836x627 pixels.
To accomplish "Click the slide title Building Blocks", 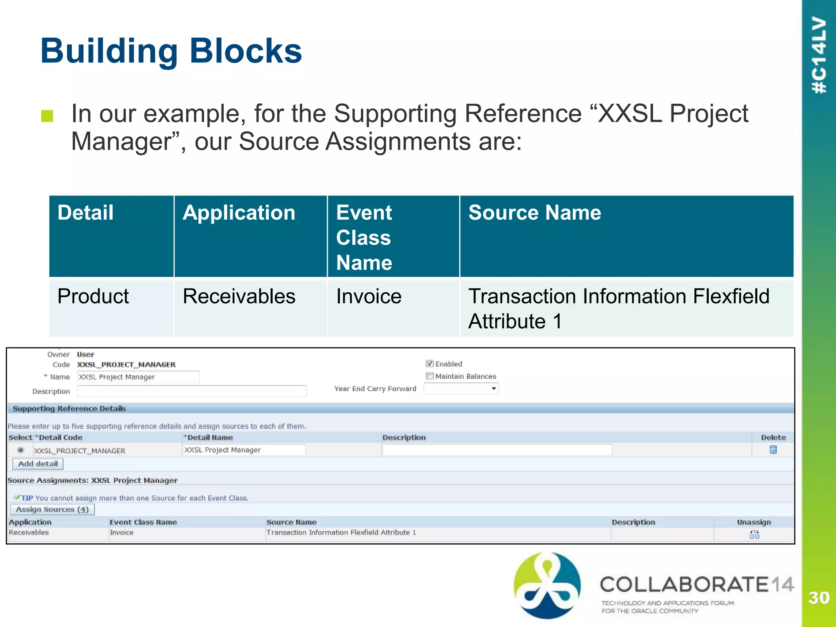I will (171, 51).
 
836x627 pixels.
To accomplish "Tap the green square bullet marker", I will (47, 116).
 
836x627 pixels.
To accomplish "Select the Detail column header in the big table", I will (85, 213).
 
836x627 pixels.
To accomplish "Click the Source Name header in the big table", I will (534, 213).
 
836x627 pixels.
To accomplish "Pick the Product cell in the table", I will (93, 296).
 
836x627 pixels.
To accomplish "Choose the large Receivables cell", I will (239, 296).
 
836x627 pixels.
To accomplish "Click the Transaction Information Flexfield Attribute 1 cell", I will (618, 308).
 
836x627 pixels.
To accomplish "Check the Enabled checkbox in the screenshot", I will (429, 364).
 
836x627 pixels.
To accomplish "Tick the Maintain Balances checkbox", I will (429, 376).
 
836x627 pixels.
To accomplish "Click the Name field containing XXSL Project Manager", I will (138, 377).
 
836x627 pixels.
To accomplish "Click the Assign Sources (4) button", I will (52, 509).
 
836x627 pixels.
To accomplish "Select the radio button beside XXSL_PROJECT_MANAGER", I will (20, 450).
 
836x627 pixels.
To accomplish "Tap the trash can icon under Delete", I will (773, 450).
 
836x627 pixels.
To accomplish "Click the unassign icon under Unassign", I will (754, 534).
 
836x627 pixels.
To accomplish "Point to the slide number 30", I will (818, 598).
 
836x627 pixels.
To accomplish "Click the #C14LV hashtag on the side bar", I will (819, 55).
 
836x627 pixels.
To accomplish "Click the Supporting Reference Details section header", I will (69, 409).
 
